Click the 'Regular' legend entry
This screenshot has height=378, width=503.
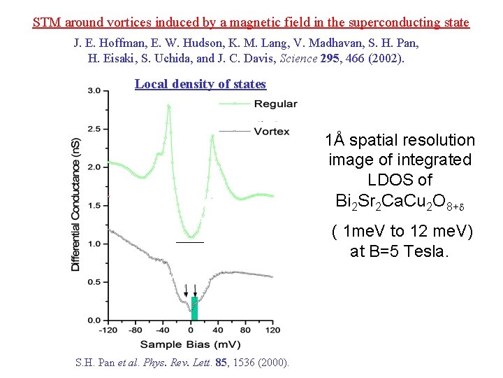[275, 104]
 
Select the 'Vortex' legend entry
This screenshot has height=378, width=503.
[272, 131]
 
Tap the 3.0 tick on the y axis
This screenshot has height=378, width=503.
[98, 90]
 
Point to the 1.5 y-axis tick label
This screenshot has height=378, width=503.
[98, 205]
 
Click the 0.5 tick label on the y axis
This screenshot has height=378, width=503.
[98, 282]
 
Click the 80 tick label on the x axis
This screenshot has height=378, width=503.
[245, 330]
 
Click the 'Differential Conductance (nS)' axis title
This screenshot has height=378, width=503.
[75, 204]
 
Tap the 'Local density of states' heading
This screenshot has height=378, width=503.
[201, 85]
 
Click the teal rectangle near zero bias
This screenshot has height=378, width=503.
[195, 308]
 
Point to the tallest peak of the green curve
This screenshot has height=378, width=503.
[168, 106]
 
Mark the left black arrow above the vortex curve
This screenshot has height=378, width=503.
[186, 290]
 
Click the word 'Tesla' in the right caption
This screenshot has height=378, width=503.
[425, 251]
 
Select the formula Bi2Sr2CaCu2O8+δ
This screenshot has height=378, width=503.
[400, 202]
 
